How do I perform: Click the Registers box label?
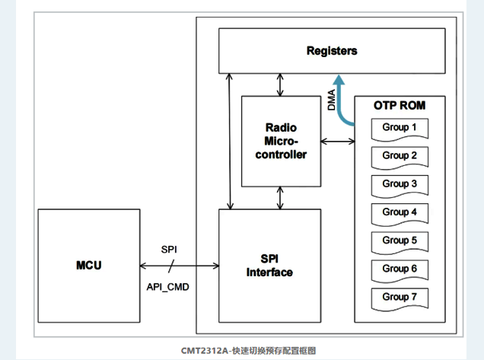click(x=332, y=51)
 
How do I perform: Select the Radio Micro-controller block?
click(x=280, y=141)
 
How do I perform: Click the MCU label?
click(x=89, y=266)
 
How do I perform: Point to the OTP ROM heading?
click(x=400, y=105)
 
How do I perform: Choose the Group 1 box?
click(x=400, y=128)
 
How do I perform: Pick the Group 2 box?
click(x=400, y=156)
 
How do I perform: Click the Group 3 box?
click(x=400, y=184)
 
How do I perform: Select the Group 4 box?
click(x=400, y=212)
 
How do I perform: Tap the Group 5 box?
click(x=400, y=241)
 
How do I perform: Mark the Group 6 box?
click(x=400, y=269)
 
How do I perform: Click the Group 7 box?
click(x=400, y=297)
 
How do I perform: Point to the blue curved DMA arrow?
click(x=339, y=99)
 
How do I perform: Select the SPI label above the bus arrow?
click(x=169, y=250)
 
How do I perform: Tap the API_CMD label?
click(x=168, y=286)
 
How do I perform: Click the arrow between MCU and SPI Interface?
click(x=180, y=266)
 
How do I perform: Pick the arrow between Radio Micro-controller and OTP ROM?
click(x=337, y=141)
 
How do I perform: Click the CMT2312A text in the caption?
click(x=205, y=350)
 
